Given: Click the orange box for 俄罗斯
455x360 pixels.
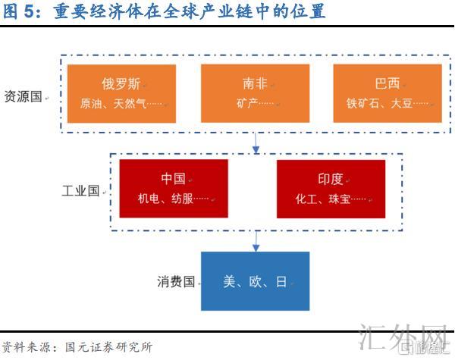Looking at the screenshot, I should pyautogui.click(x=121, y=93).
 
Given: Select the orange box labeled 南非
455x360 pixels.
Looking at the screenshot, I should pyautogui.click(x=256, y=93).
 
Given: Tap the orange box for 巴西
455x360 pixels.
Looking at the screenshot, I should pyautogui.click(x=388, y=93).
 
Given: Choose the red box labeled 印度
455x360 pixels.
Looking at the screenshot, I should pyautogui.click(x=331, y=189).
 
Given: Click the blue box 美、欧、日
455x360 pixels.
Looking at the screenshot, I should pyautogui.click(x=256, y=281).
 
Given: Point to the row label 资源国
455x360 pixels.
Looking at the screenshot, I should pyautogui.click(x=24, y=98).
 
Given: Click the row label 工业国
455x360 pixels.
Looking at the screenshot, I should pyautogui.click(x=80, y=191).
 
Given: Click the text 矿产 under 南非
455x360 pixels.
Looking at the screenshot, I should pyautogui.click(x=251, y=103).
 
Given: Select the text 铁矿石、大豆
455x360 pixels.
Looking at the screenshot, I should pyautogui.click(x=384, y=103).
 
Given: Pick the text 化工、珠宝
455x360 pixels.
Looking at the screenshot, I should pyautogui.click(x=326, y=199).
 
